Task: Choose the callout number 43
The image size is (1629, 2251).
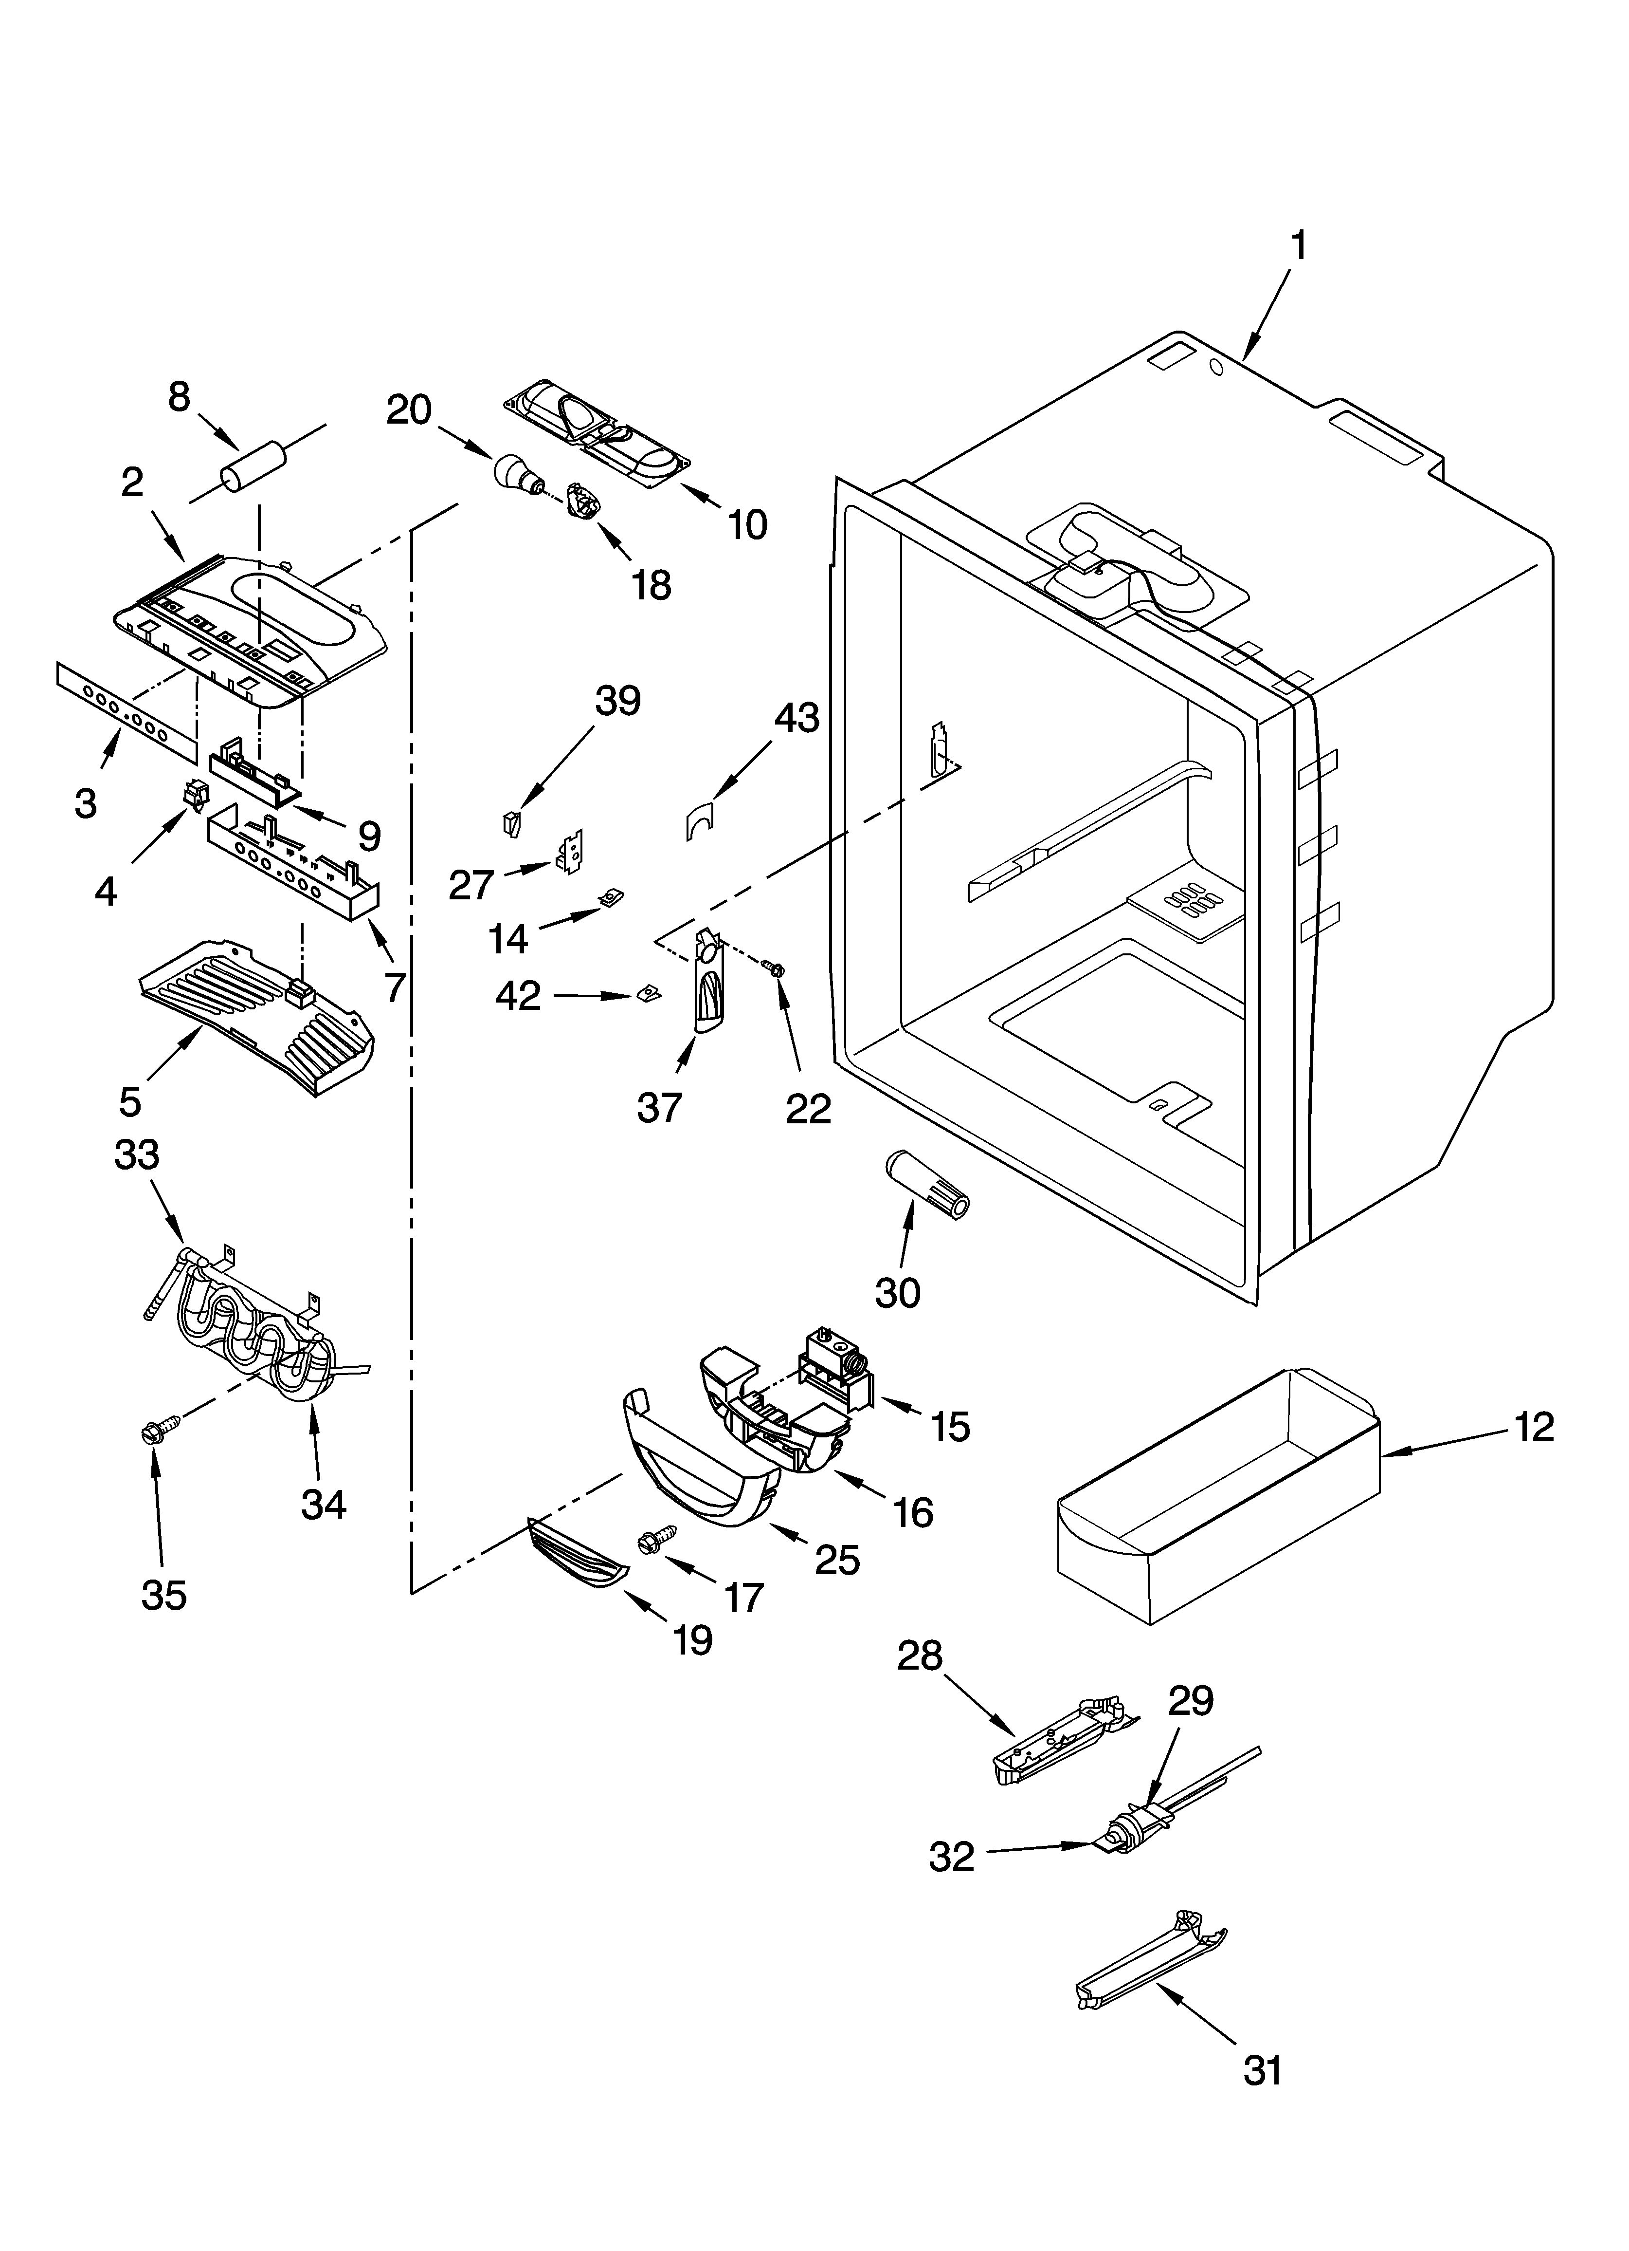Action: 796,718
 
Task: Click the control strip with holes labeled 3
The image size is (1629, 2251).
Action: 124,710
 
